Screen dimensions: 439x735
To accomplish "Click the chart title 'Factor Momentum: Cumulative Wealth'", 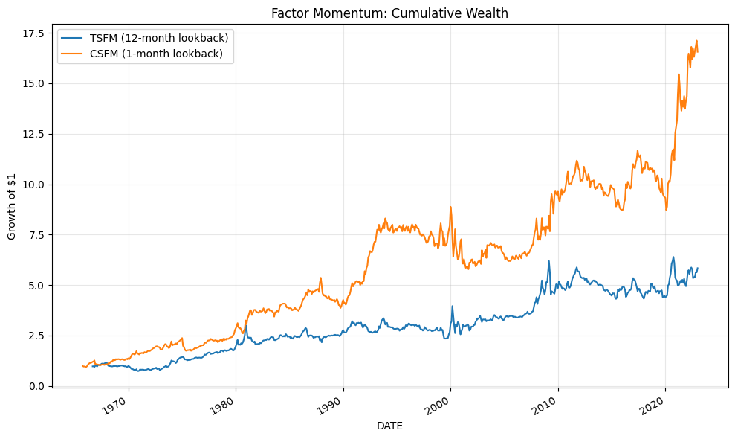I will [x=389, y=13].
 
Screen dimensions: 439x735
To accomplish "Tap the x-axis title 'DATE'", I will [x=389, y=426].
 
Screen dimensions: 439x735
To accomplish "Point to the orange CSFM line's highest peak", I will [x=696, y=41].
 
